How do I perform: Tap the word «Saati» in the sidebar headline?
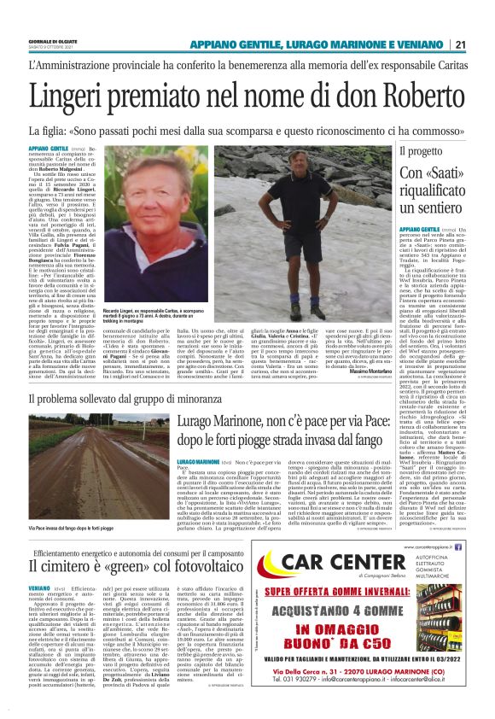coord(457,175)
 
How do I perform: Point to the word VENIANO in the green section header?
coord(434,44)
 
